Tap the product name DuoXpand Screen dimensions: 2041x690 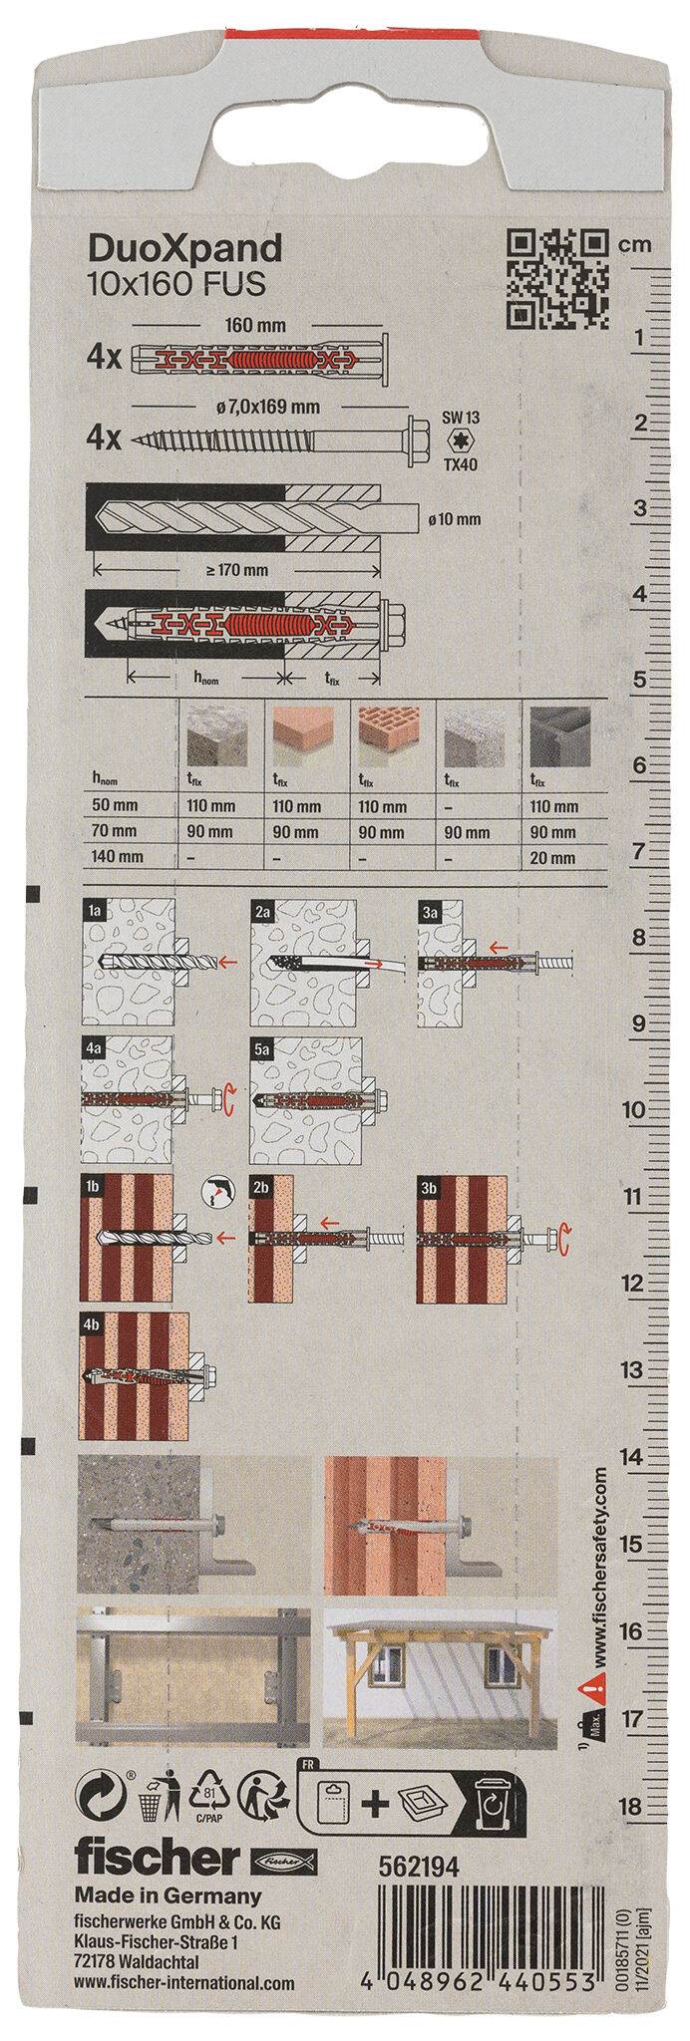185,248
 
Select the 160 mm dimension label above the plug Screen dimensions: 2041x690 255,326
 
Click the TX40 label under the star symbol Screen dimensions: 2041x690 461,463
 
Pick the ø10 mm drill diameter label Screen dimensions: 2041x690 453,519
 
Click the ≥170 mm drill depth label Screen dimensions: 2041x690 235,570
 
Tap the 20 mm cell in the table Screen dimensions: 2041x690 553,857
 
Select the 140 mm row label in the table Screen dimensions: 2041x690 117,856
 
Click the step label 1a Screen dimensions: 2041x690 95,910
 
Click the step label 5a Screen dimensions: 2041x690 263,1049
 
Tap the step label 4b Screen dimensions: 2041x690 93,1324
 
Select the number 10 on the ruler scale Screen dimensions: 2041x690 632,1110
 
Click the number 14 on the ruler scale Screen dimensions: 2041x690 631,1457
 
